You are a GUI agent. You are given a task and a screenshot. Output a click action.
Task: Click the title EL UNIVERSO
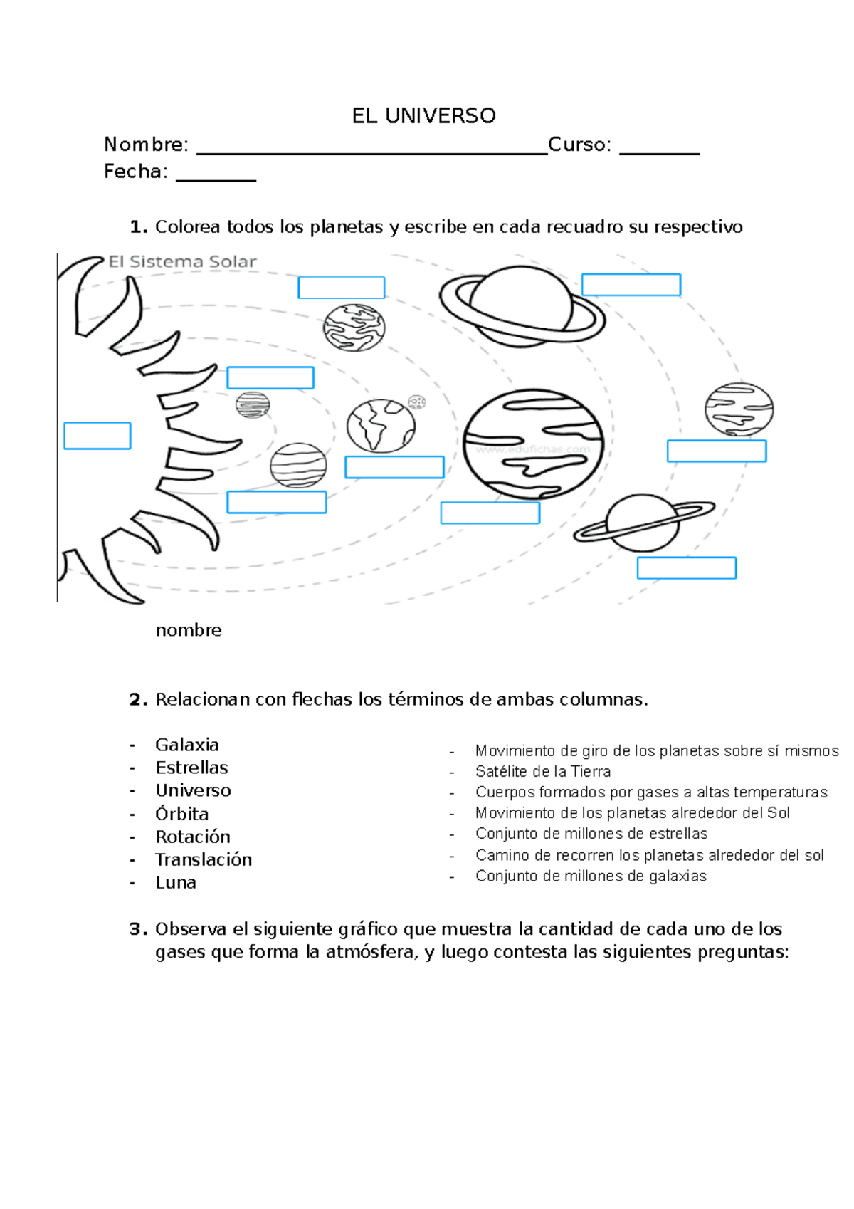click(423, 115)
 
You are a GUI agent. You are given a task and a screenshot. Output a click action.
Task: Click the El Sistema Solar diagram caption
click(182, 262)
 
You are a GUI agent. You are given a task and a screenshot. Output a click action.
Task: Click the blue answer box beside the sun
click(97, 436)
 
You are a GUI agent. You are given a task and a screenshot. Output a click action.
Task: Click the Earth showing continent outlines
click(381, 426)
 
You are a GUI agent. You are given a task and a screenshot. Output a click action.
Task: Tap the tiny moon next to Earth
click(416, 402)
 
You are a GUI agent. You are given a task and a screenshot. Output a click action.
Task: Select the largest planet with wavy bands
click(533, 444)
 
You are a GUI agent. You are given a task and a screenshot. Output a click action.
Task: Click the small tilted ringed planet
click(643, 523)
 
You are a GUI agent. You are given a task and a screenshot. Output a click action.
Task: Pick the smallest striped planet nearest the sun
click(253, 404)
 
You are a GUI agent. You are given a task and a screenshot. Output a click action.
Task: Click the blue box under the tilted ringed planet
click(686, 568)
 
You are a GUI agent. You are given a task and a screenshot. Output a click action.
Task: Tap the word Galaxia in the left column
click(187, 745)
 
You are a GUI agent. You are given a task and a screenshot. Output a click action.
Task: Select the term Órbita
click(182, 814)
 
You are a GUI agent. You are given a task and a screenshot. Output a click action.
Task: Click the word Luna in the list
click(176, 883)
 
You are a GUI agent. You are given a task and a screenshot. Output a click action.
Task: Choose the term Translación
click(204, 859)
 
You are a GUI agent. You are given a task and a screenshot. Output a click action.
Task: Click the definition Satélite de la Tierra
click(543, 772)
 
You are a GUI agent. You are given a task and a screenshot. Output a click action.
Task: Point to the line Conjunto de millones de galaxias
click(591, 876)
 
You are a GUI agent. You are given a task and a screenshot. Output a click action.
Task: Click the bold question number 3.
click(138, 929)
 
